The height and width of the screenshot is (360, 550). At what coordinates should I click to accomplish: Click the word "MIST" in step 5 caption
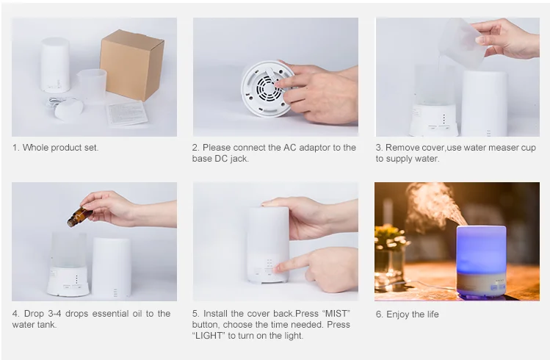point(334,314)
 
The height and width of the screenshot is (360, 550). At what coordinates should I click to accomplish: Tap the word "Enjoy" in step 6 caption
point(402,314)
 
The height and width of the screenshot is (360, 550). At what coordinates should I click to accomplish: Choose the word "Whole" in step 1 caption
point(36,148)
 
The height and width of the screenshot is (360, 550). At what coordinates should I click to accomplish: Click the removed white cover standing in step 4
point(112,267)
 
